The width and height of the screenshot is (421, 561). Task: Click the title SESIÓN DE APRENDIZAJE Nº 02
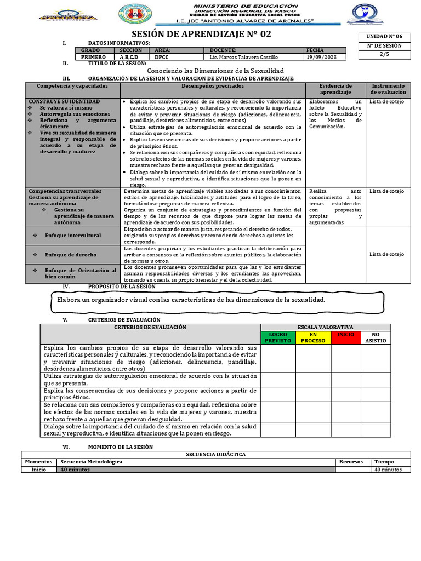click(208, 34)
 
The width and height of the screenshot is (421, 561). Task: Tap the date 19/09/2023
click(318, 57)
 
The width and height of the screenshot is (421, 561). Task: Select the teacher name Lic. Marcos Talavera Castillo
click(241, 57)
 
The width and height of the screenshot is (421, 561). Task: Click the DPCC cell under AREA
click(162, 57)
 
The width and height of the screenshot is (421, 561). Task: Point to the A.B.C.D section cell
click(130, 57)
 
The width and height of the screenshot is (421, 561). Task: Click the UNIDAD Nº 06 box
click(380, 36)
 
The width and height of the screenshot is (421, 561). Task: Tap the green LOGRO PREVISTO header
click(278, 337)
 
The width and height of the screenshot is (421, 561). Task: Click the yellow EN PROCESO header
click(313, 337)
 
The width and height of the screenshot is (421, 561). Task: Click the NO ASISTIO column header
click(376, 337)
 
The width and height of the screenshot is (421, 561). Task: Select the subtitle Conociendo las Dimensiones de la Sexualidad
click(216, 71)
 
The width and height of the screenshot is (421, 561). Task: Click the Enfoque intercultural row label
click(73, 235)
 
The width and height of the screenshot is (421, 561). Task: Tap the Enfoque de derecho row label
click(71, 255)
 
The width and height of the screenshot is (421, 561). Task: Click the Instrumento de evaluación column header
click(388, 89)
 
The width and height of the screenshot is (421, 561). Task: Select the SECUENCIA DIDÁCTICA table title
click(215, 454)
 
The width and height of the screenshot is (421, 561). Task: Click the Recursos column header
click(351, 462)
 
